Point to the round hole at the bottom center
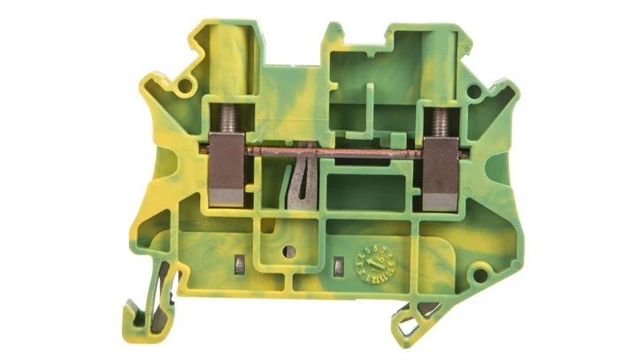(x=287, y=251)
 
